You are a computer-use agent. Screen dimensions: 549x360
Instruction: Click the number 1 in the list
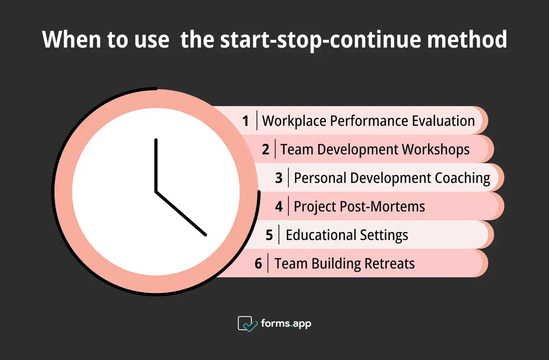coord(246,121)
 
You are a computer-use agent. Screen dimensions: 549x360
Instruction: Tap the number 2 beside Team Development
coord(266,150)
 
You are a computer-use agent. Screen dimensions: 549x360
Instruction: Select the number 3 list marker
coord(279,178)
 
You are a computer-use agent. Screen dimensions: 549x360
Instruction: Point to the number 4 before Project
coord(279,207)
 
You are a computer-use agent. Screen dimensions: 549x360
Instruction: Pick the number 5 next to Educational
coord(269,235)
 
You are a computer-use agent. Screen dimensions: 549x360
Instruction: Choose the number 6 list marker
coord(259,264)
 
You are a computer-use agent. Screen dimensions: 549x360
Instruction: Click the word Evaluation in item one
coord(443,121)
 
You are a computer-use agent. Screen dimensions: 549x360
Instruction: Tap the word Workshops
coord(435,150)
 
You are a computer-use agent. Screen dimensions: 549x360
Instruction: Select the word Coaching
coord(462,178)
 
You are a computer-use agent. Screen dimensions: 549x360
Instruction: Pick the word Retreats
coord(389,264)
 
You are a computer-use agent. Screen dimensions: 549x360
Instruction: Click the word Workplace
coord(294,121)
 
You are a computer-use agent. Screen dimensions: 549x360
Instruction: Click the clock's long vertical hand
coord(156,165)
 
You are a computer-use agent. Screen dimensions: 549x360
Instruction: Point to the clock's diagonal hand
coord(181,213)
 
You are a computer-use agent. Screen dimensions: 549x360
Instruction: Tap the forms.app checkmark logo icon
coord(247,324)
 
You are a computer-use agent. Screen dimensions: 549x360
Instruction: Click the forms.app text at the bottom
coord(286,324)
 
